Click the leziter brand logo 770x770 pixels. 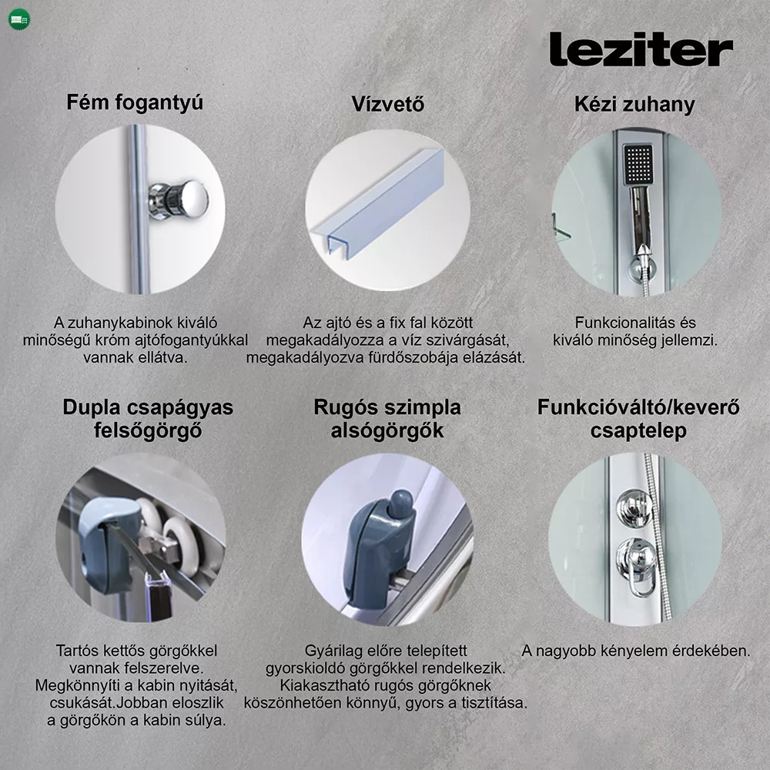click(x=641, y=49)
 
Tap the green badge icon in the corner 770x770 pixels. click(x=19, y=19)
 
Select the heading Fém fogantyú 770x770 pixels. click(x=135, y=103)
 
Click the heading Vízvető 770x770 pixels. click(x=388, y=104)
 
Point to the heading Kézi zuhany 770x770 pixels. click(x=634, y=104)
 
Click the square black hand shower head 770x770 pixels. click(x=638, y=164)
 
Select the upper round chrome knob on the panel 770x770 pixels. click(x=634, y=508)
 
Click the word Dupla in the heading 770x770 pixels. click(x=92, y=407)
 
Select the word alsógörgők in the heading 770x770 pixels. click(x=387, y=430)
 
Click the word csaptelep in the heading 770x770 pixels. click(x=638, y=431)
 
